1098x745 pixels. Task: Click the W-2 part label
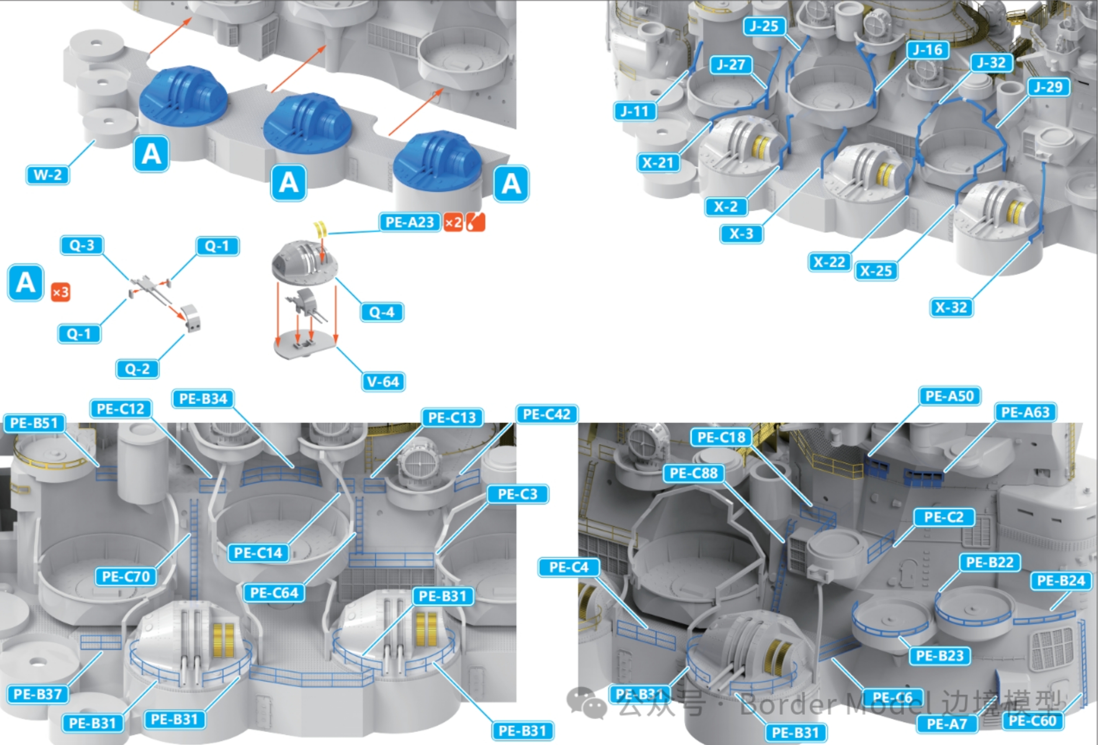[x=48, y=175]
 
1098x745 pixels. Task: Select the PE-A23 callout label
[x=410, y=222]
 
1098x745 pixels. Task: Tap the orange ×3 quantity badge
[x=60, y=292]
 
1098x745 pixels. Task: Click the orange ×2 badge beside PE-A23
[x=453, y=222]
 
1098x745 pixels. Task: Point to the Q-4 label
[x=382, y=312]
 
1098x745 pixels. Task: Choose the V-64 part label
[x=384, y=381]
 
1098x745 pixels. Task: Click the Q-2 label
[x=137, y=369]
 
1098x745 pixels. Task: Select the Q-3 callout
[x=82, y=246]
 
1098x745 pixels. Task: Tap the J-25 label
[x=765, y=26]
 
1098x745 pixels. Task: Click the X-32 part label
[x=951, y=307]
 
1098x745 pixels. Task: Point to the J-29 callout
[x=1048, y=87]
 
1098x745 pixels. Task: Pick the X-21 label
[x=658, y=163]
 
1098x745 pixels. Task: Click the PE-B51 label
[x=34, y=423]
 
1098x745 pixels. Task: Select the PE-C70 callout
[x=126, y=577]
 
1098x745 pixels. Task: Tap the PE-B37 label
[x=38, y=694]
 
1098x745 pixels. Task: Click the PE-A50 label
[x=949, y=396]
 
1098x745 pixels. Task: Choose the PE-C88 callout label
[x=694, y=473]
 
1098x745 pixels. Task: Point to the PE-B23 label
[x=940, y=656]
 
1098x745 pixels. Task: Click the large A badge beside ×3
[x=26, y=283]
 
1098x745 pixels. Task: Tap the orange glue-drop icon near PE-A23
[x=476, y=222]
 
